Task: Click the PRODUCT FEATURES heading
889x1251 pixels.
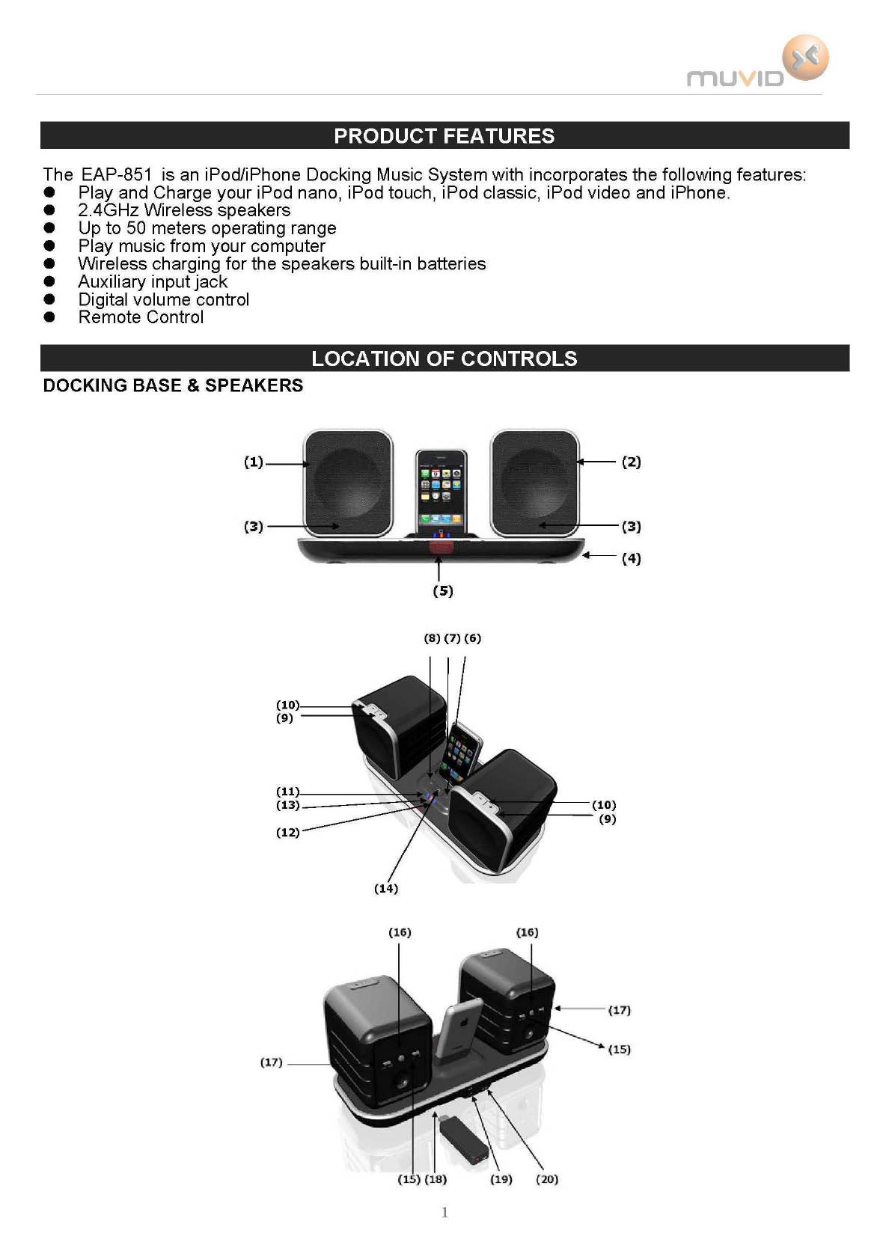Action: [x=444, y=136]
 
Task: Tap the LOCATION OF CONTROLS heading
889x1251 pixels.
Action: [x=444, y=358]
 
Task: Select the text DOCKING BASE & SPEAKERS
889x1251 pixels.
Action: [x=173, y=385]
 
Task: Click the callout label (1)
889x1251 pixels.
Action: [x=254, y=462]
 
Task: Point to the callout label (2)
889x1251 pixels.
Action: [x=631, y=462]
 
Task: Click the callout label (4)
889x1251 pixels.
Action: [x=631, y=559]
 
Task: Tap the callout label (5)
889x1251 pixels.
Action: [x=443, y=591]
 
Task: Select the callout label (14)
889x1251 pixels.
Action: [x=386, y=889]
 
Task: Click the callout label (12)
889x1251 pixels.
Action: [x=288, y=833]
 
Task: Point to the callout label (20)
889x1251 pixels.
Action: [x=547, y=1179]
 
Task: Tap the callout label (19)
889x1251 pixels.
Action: [x=501, y=1179]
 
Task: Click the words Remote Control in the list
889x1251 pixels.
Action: [x=141, y=317]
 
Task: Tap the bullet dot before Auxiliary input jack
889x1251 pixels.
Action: [x=50, y=282]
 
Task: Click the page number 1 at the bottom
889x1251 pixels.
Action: [x=444, y=1212]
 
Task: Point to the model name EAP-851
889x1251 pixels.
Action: [x=116, y=175]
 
